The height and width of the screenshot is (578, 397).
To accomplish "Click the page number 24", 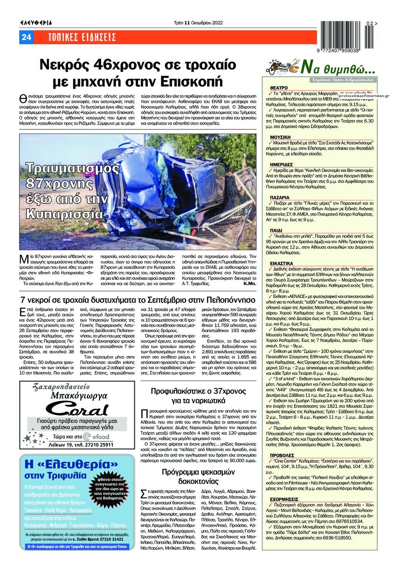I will [x=26, y=37].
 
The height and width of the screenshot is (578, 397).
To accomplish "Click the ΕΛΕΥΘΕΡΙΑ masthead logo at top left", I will [x=36, y=23].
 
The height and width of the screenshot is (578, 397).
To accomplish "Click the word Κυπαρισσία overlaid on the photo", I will [x=64, y=214].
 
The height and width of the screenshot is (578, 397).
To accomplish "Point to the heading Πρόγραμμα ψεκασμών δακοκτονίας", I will [x=199, y=477].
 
